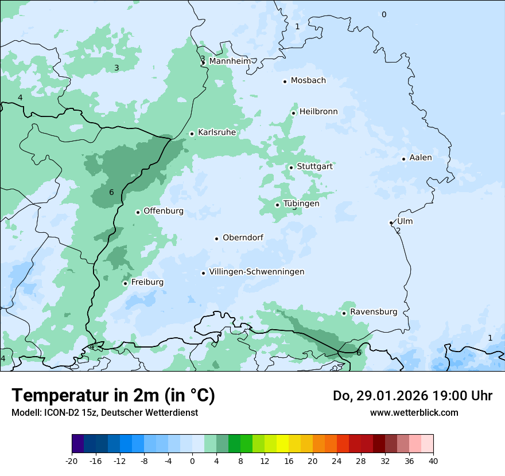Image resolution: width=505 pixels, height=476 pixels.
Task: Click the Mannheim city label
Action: pyautogui.click(x=230, y=61)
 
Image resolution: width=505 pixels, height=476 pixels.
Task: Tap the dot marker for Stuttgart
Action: pyautogui.click(x=291, y=167)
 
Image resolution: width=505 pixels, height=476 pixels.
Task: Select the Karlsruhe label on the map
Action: pyautogui.click(x=216, y=132)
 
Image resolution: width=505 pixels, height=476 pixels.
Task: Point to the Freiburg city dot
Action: pyautogui.click(x=125, y=283)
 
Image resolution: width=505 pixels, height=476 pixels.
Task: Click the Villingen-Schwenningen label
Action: pyautogui.click(x=257, y=272)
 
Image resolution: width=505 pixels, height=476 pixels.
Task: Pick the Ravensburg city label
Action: pyautogui.click(x=373, y=312)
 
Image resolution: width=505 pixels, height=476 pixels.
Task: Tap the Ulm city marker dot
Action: pyautogui.click(x=391, y=223)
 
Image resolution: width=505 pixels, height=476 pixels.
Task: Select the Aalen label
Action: pyautogui.click(x=421, y=158)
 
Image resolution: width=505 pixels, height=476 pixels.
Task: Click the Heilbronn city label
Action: pyautogui.click(x=318, y=112)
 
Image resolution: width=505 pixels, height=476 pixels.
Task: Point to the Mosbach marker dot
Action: pyautogui.click(x=285, y=81)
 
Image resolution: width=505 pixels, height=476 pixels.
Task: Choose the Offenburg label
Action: pyautogui.click(x=163, y=211)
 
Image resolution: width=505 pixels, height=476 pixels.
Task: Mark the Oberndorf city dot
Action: pyautogui.click(x=216, y=239)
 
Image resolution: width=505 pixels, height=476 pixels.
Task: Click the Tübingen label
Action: pyautogui.click(x=301, y=204)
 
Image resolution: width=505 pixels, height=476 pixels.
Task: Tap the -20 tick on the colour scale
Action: pyautogui.click(x=72, y=461)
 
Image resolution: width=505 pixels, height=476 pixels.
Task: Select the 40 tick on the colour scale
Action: pyautogui.click(x=433, y=461)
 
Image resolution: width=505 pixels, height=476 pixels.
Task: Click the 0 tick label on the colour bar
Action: pyautogui.click(x=192, y=461)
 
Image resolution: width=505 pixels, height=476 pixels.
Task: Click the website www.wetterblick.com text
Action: pyautogui.click(x=414, y=412)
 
